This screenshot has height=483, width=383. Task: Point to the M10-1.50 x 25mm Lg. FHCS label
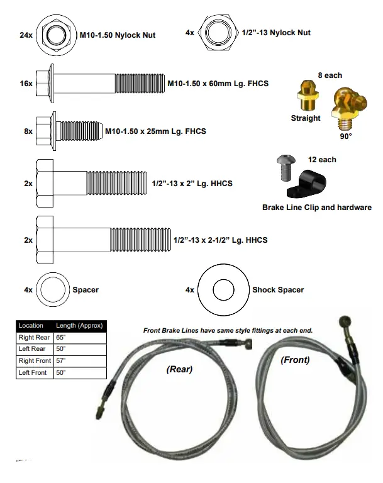pyautogui.click(x=155, y=131)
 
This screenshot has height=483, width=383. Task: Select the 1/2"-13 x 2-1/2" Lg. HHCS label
pyautogui.click(x=220, y=240)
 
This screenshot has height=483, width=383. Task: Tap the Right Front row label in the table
pyautogui.click(x=35, y=361)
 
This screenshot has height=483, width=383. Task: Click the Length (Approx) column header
pyautogui.click(x=79, y=326)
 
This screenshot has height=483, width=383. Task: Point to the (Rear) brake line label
pyautogui.click(x=179, y=369)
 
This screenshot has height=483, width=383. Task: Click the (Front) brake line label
pyautogui.click(x=295, y=360)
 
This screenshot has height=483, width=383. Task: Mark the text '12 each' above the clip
pyautogui.click(x=322, y=160)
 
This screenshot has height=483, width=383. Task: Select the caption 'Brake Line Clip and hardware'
pyautogui.click(x=316, y=207)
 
